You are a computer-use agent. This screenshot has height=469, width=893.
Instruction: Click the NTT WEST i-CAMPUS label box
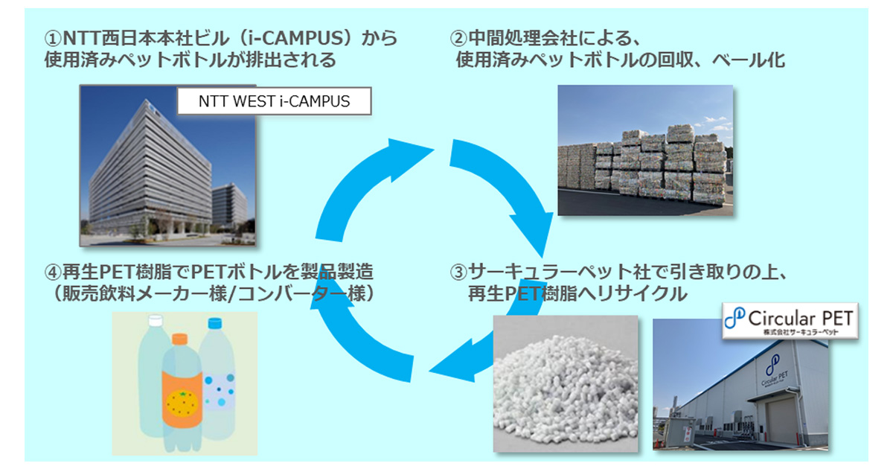click(273, 100)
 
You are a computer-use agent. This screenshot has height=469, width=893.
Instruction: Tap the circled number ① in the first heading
click(54, 37)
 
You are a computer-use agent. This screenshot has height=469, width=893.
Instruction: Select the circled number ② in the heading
click(460, 37)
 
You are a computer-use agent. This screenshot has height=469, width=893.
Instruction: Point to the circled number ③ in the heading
click(460, 272)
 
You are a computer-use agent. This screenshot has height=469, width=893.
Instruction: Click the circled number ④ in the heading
click(54, 272)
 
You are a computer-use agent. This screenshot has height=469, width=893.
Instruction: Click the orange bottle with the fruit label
click(179, 395)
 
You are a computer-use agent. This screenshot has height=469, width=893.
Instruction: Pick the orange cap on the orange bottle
click(179, 338)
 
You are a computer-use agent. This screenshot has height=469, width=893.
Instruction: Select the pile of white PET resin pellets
click(566, 387)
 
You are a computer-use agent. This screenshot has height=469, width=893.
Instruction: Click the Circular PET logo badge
click(790, 320)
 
